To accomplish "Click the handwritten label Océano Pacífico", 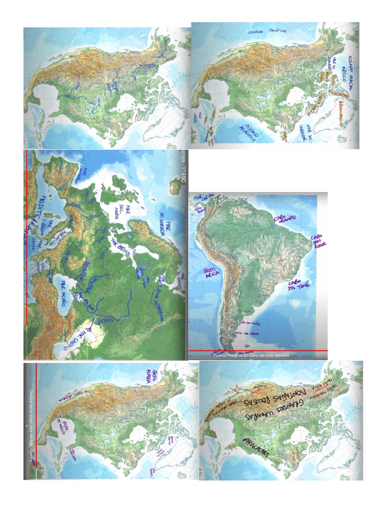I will coord(267,31).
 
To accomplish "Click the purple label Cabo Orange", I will coord(285,218).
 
